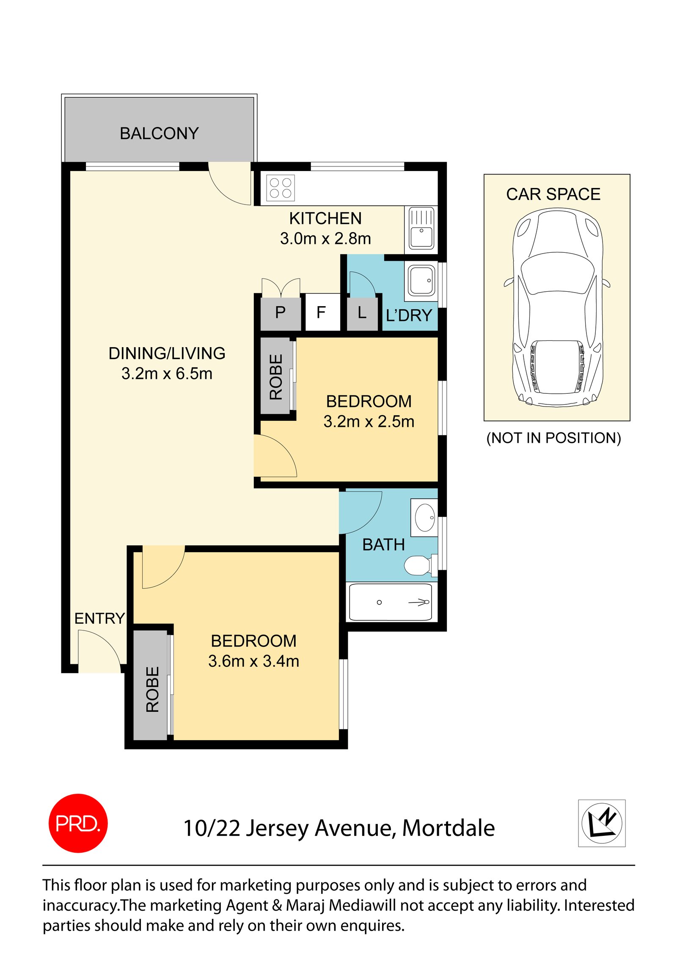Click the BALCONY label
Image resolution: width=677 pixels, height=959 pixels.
tap(159, 133)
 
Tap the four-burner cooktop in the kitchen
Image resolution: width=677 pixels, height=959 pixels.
tap(280, 188)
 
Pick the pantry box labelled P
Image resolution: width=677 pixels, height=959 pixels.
tap(280, 313)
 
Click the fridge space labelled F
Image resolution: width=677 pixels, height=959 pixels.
tap(321, 313)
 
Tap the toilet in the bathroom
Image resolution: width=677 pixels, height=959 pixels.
tap(418, 565)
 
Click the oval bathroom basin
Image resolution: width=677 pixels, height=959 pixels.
tap(424, 517)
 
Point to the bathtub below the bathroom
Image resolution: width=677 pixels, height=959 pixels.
tap(390, 602)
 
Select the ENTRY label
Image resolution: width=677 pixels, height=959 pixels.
tap(99, 618)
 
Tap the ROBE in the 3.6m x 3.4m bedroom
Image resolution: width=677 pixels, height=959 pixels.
tap(152, 689)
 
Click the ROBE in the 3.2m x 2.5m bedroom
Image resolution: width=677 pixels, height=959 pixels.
tap(275, 377)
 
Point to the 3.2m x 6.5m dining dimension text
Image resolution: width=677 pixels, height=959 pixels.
tap(167, 373)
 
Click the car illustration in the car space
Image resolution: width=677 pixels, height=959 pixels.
tap(556, 307)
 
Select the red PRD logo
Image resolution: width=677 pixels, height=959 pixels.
tap(78, 823)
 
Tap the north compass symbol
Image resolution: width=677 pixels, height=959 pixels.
tap(601, 823)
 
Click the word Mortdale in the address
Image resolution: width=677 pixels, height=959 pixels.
tap(448, 828)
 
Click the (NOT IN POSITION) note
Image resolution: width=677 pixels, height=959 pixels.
tap(553, 438)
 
